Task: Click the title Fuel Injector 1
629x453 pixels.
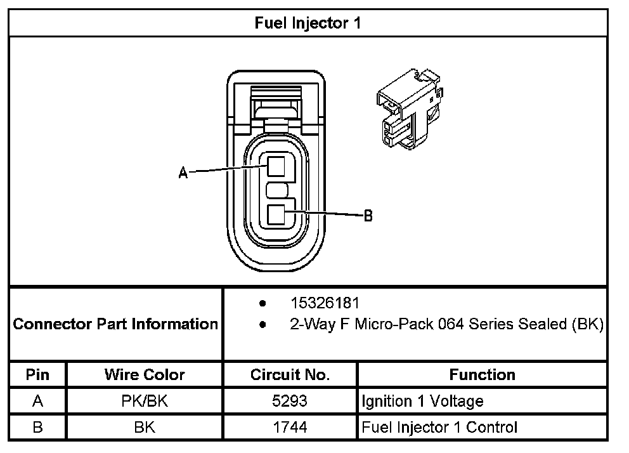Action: click(308, 23)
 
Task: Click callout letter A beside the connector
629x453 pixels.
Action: click(183, 173)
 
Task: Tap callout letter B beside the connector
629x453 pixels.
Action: click(368, 216)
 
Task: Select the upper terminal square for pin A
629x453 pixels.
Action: click(276, 167)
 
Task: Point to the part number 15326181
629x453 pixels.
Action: click(325, 303)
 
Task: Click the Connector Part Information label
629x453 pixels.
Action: click(115, 324)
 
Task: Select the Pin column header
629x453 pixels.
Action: click(37, 374)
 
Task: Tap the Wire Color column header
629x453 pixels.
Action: click(145, 374)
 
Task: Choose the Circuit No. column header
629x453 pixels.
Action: click(290, 374)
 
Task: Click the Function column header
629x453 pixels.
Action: click(482, 374)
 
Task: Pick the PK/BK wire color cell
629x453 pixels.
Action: click(145, 401)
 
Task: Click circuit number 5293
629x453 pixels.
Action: click(290, 401)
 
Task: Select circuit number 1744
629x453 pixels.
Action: click(290, 427)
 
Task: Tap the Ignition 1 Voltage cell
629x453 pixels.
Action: click(422, 401)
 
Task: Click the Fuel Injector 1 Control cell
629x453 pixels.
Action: click(439, 427)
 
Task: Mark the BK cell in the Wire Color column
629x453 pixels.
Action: click(145, 427)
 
